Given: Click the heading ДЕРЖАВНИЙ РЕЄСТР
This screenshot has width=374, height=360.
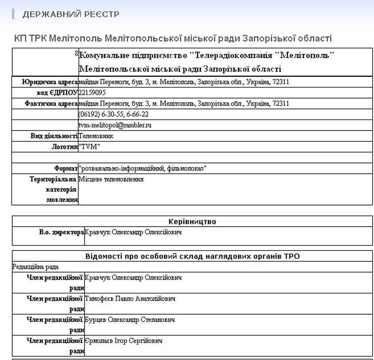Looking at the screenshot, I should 70,14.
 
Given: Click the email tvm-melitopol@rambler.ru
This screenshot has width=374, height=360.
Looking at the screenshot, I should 115,125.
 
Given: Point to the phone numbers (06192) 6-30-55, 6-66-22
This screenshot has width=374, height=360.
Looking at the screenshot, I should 114,114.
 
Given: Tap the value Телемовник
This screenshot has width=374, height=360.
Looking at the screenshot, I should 96,136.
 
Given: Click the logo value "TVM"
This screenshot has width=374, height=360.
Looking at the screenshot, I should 89,147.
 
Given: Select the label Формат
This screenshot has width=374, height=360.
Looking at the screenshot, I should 66,169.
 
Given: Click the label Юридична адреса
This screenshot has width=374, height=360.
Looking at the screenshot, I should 50,82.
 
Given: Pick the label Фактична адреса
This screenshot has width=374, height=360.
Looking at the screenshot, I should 51,104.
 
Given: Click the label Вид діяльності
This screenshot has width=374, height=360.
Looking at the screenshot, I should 54,136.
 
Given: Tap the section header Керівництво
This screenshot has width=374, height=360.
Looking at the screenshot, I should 192,222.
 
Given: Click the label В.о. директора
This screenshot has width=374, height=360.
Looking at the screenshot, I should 61,232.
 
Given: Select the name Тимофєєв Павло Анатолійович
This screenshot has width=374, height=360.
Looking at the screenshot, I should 130,299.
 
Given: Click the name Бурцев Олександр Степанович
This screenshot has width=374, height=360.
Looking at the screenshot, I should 130,320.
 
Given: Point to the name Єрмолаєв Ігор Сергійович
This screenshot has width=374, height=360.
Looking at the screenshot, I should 123,341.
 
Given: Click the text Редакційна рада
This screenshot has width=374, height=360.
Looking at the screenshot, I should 35,267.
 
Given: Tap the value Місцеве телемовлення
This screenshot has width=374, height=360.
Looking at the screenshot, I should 111,179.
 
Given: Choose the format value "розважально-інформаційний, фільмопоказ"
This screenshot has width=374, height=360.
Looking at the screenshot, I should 143,169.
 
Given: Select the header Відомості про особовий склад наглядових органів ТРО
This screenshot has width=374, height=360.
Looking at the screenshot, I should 192,256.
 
